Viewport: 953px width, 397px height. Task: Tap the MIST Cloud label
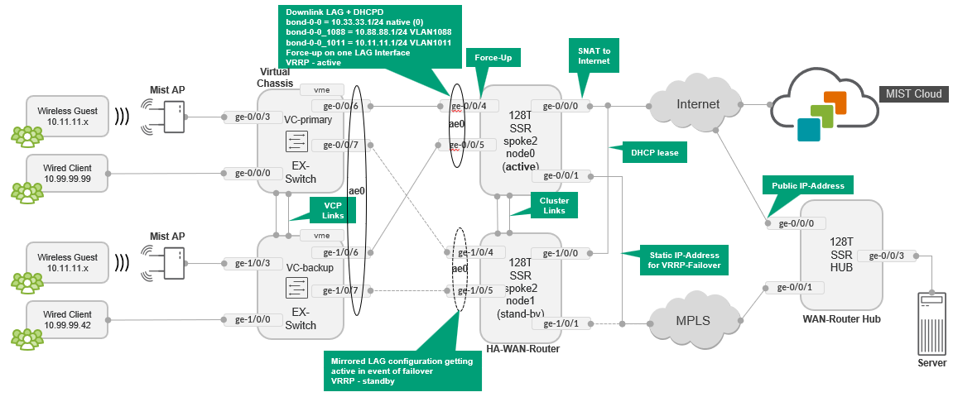[x=913, y=93]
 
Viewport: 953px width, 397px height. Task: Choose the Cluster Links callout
[x=554, y=205]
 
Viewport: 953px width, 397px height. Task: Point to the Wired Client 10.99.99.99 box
[x=67, y=173]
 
